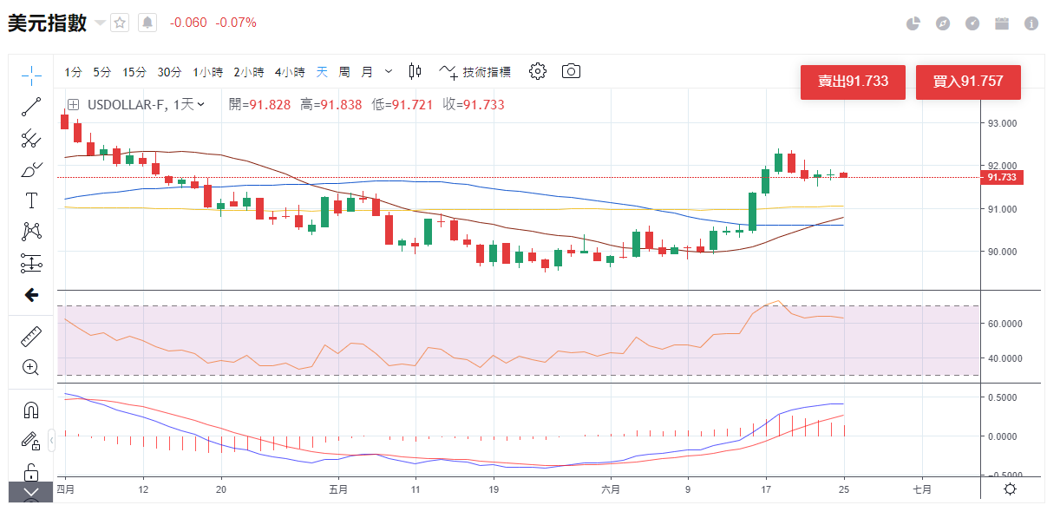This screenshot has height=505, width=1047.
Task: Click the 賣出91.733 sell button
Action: pos(853,82)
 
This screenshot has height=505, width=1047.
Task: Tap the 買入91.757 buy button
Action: pos(968,82)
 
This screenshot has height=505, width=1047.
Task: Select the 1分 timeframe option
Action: pos(73,72)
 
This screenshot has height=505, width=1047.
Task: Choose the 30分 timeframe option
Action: pos(169,72)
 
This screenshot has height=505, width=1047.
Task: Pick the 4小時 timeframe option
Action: pos(290,72)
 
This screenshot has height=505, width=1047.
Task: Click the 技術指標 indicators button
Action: pos(475,72)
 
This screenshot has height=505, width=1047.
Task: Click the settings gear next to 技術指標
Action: pos(538,71)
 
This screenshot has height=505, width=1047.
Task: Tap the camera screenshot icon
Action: pos(571,71)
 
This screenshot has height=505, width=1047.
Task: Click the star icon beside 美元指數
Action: pos(120,23)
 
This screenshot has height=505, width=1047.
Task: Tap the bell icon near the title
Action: pos(147,23)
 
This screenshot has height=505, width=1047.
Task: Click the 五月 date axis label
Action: pos(338,489)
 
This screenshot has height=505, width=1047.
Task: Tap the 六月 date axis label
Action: pos(611,489)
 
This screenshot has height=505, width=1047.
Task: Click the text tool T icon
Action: pos(31,200)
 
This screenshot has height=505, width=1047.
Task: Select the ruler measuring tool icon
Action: pos(31,336)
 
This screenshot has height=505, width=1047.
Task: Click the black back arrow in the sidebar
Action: pos(31,295)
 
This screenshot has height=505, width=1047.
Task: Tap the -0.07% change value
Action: pos(236,23)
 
